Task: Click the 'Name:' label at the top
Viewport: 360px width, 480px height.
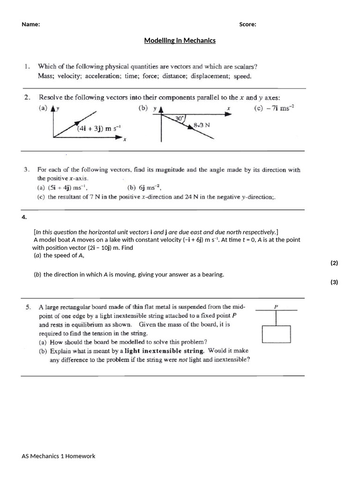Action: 30,25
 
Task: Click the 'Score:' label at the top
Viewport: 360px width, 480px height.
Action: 247,25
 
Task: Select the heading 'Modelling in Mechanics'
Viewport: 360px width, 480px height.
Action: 180,40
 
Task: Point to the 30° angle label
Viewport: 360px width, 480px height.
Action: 179,119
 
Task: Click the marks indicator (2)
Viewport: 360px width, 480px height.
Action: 334,263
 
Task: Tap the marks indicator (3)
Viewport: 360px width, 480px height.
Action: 334,282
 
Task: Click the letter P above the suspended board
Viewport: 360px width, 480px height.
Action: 276,307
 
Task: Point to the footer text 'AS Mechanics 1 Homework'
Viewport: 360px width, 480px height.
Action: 59,456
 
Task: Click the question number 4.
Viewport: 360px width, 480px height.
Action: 24,217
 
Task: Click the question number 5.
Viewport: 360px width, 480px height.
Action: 29,307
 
